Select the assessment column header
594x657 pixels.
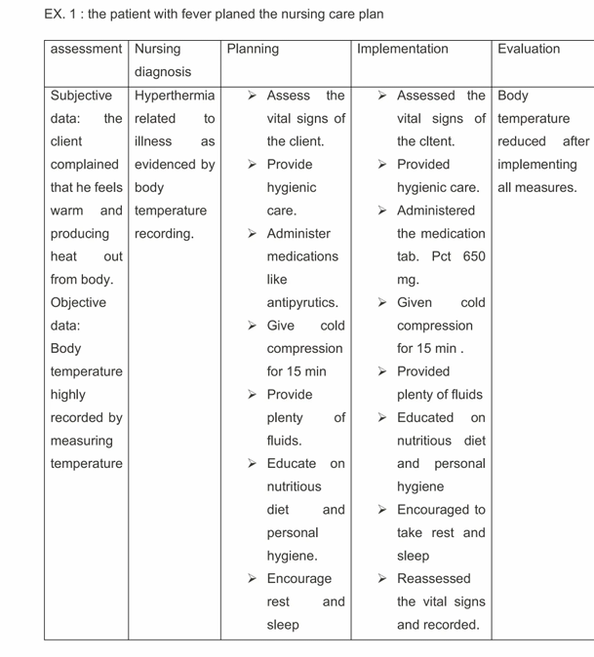coord(87,49)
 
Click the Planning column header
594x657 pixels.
coord(253,49)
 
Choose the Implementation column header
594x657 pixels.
coord(403,49)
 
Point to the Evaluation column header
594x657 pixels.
coord(529,49)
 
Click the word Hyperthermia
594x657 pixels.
coord(175,96)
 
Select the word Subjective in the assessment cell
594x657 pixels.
coord(81,96)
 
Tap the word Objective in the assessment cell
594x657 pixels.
coord(79,302)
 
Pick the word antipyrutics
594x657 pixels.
coord(302,302)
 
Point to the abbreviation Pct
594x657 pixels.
coord(442,256)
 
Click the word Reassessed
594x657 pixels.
coord(434,579)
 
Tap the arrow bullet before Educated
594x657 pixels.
coord(384,417)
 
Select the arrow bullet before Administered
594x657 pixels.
coord(384,211)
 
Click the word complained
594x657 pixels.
coord(84,164)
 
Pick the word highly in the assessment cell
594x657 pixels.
coord(68,395)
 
